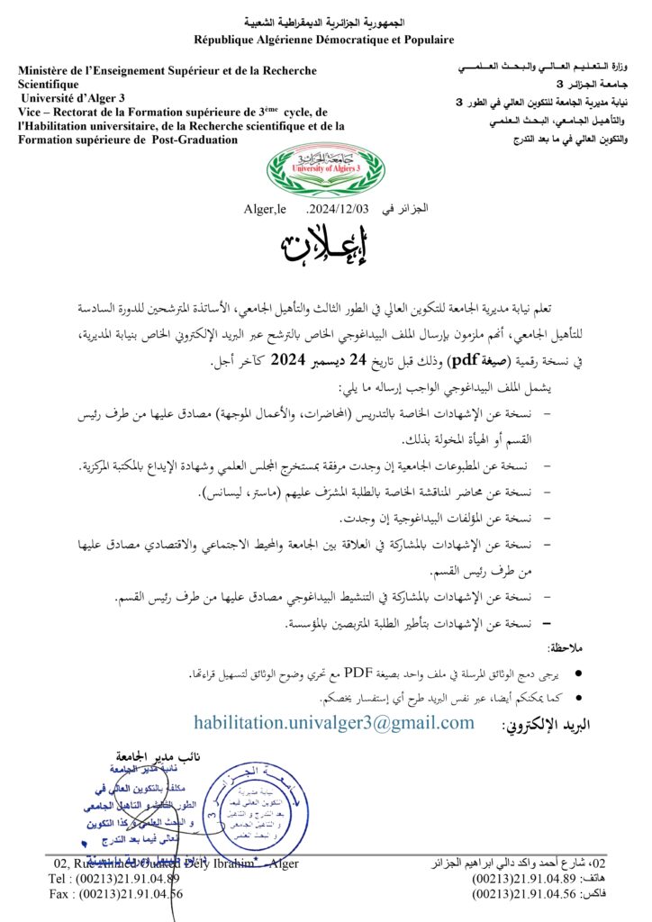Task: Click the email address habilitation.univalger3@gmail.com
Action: [x=334, y=723]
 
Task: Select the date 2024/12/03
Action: [x=340, y=209]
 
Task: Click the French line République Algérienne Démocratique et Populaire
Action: [x=324, y=40]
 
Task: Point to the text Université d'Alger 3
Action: [x=77, y=97]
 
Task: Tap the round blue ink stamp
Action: [x=242, y=802]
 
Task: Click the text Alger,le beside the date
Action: [x=265, y=210]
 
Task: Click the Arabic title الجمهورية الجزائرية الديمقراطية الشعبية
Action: [x=325, y=22]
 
